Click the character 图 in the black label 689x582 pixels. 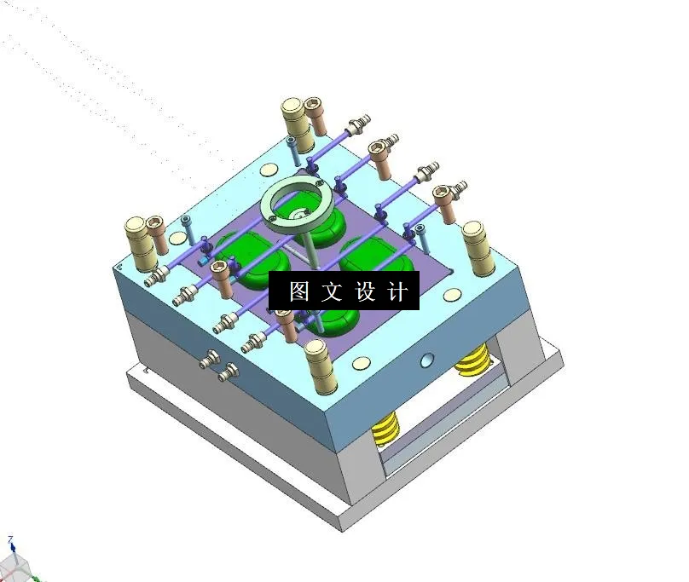(x=298, y=292)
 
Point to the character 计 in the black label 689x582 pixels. (x=397, y=292)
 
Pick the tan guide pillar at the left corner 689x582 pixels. (x=139, y=238)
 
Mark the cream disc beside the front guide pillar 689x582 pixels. (x=362, y=364)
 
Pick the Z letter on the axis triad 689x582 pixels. (x=11, y=540)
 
